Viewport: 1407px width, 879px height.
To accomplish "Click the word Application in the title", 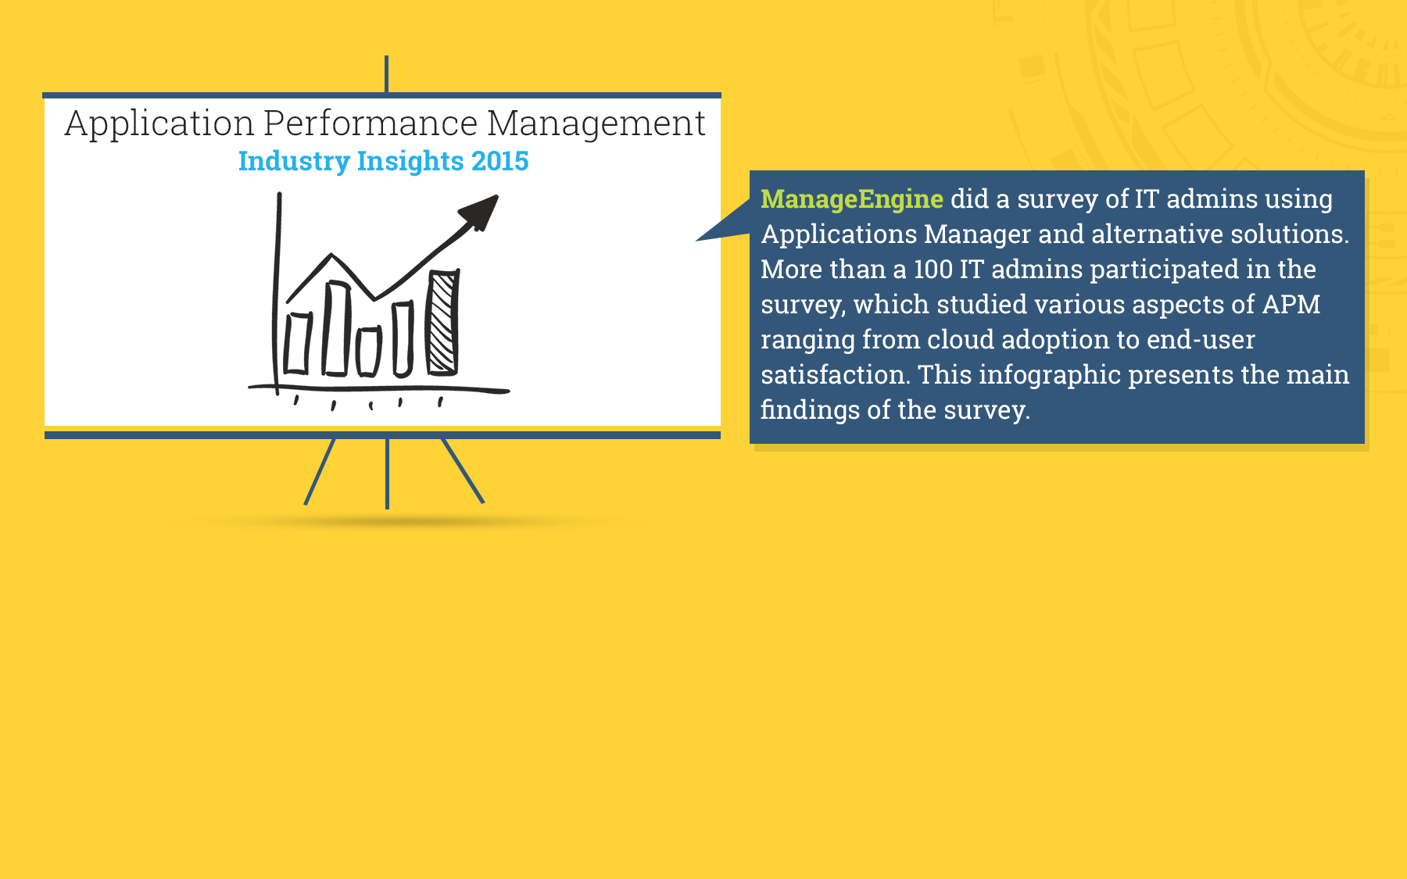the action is pos(159,124).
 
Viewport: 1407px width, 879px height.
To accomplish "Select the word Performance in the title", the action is pos(371,123).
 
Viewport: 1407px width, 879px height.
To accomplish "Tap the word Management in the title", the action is pos(596,124).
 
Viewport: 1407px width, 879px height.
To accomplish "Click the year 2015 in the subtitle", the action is pos(500,161).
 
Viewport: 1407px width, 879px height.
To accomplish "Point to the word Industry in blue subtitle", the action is pos(294,162).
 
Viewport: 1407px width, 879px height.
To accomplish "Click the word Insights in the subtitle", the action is pos(410,162).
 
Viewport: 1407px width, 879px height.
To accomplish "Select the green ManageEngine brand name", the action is pos(852,199).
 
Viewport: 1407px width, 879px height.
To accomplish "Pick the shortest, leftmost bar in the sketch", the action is pos(297,343).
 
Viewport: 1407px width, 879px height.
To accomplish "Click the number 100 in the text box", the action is pos(933,270).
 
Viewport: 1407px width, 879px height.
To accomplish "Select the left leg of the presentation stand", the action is pos(320,472).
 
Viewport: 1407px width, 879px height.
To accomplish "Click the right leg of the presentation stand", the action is pos(463,470).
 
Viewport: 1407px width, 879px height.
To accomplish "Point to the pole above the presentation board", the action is pos(386,74).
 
